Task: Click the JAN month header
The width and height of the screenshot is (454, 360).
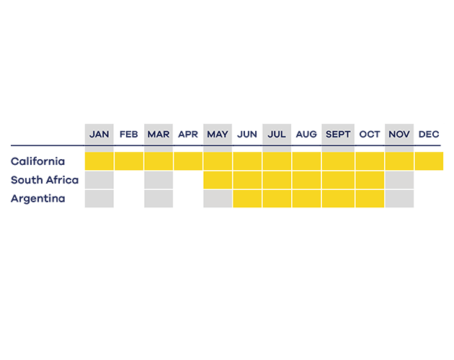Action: click(x=99, y=134)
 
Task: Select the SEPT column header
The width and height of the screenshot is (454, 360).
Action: click(x=338, y=134)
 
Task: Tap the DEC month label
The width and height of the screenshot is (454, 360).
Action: click(x=429, y=134)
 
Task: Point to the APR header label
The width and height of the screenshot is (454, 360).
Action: click(x=188, y=134)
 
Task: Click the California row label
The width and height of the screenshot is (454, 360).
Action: click(x=37, y=161)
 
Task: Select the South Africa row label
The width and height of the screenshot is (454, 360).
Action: click(x=45, y=180)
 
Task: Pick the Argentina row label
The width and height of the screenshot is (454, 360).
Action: click(x=38, y=199)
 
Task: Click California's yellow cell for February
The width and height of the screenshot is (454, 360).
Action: click(x=129, y=161)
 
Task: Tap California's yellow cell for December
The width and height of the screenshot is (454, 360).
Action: click(x=429, y=161)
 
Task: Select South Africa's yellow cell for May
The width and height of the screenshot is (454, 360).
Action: click(x=218, y=180)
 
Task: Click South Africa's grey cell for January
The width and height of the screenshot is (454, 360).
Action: click(x=99, y=180)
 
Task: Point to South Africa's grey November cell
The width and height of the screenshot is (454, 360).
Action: click(x=399, y=180)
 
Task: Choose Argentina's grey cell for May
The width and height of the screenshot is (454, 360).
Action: click(x=218, y=199)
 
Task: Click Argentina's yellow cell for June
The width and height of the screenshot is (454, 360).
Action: click(x=247, y=199)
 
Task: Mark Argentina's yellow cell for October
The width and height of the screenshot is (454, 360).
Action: click(x=370, y=199)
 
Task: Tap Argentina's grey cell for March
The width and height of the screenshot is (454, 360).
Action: click(x=159, y=199)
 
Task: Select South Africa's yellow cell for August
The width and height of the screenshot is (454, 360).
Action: click(x=306, y=180)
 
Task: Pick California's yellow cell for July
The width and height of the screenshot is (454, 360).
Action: click(x=277, y=161)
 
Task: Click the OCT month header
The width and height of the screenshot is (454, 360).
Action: click(x=370, y=134)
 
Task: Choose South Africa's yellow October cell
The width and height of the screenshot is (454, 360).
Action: click(x=370, y=180)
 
